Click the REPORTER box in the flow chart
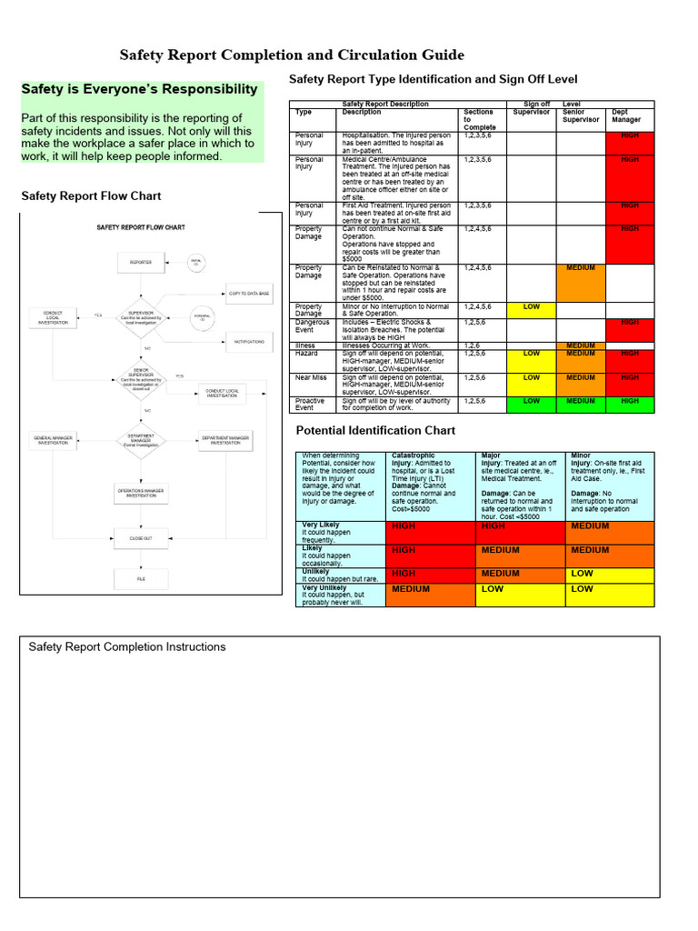141,262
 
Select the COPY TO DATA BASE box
249,294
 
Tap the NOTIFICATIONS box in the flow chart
249,342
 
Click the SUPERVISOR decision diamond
142,318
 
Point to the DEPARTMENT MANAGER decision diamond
141,440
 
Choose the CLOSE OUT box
141,538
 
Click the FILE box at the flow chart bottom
141,578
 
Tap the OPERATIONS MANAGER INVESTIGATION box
141,493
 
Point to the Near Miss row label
310,377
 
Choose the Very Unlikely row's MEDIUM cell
430,595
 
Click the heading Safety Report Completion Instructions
127,647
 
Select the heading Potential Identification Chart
376,430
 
